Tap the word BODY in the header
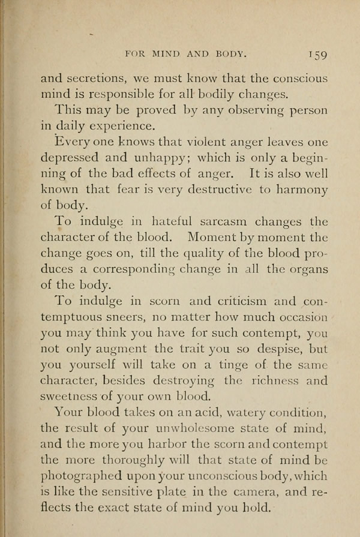point(225,53)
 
